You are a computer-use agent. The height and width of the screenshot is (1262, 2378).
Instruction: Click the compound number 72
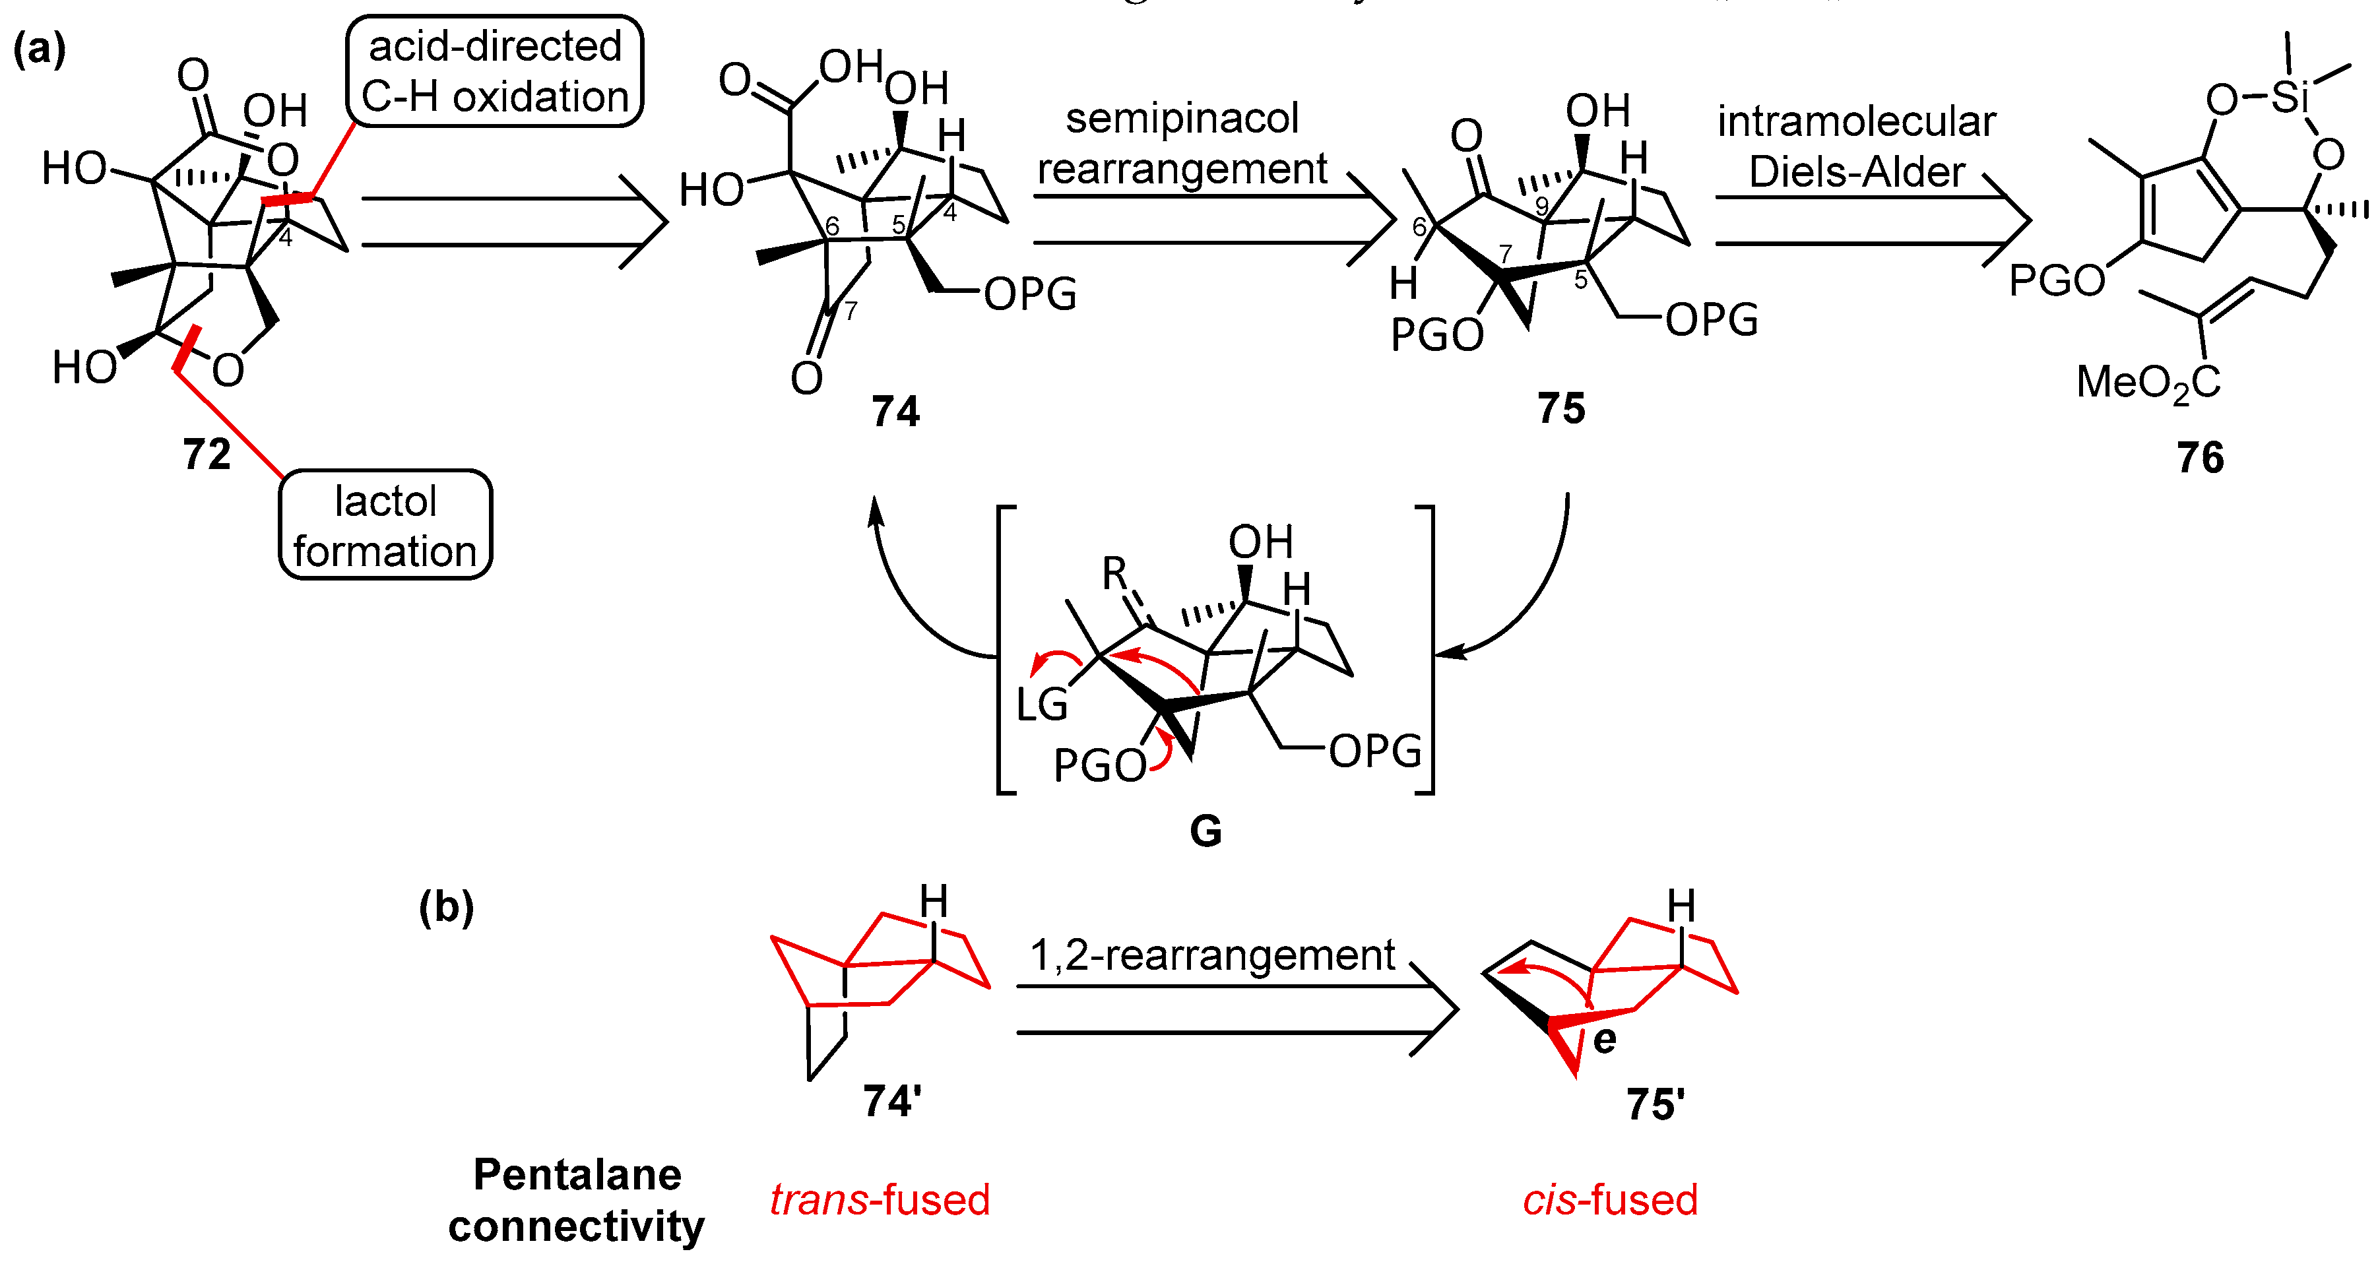pos(207,455)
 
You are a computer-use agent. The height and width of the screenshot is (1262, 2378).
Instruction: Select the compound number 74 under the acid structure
pos(895,411)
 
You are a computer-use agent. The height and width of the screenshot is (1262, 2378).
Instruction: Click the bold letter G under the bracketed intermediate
pos(1205,831)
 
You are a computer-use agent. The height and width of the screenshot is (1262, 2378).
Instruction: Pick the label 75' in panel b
pos(1655,1104)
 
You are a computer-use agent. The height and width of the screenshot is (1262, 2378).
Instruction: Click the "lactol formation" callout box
pos(385,525)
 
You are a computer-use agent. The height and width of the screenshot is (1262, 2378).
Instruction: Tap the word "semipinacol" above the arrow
pos(1182,118)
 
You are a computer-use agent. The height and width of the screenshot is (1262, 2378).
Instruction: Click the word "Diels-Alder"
pos(1857,172)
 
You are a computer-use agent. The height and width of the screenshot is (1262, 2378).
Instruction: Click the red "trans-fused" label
pos(880,1200)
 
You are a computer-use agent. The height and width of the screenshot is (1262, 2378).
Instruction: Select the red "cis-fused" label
pos(1610,1200)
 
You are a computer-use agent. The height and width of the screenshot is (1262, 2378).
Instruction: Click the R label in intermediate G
pos(1115,574)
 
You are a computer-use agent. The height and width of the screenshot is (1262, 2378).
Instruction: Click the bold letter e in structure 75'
pos(1605,1040)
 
